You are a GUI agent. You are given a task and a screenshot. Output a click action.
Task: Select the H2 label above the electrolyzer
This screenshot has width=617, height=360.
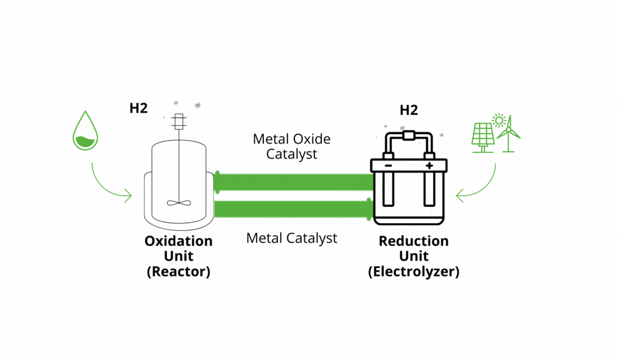coord(409,110)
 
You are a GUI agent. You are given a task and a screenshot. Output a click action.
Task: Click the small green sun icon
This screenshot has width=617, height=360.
coord(498,121)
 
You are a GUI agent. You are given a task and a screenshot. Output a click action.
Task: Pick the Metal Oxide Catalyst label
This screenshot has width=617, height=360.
coord(292,146)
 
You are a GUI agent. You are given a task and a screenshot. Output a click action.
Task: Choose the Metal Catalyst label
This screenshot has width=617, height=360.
coord(292,238)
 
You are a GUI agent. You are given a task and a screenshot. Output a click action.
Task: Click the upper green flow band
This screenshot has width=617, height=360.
coord(293,182)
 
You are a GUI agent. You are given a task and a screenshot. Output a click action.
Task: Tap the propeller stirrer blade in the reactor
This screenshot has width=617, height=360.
coord(179,203)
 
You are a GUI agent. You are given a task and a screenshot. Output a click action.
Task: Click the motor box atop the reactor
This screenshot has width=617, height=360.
coord(179,121)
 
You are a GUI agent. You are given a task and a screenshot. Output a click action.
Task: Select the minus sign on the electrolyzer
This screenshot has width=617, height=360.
coord(389,166)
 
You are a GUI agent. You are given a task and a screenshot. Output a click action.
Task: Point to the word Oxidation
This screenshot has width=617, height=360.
coord(178,241)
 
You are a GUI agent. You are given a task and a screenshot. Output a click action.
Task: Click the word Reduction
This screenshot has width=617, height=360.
coord(413,241)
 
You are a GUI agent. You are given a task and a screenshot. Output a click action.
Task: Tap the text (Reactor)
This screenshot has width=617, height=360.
coord(178,272)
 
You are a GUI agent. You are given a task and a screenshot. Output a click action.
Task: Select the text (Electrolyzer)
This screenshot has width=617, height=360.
coord(413,272)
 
